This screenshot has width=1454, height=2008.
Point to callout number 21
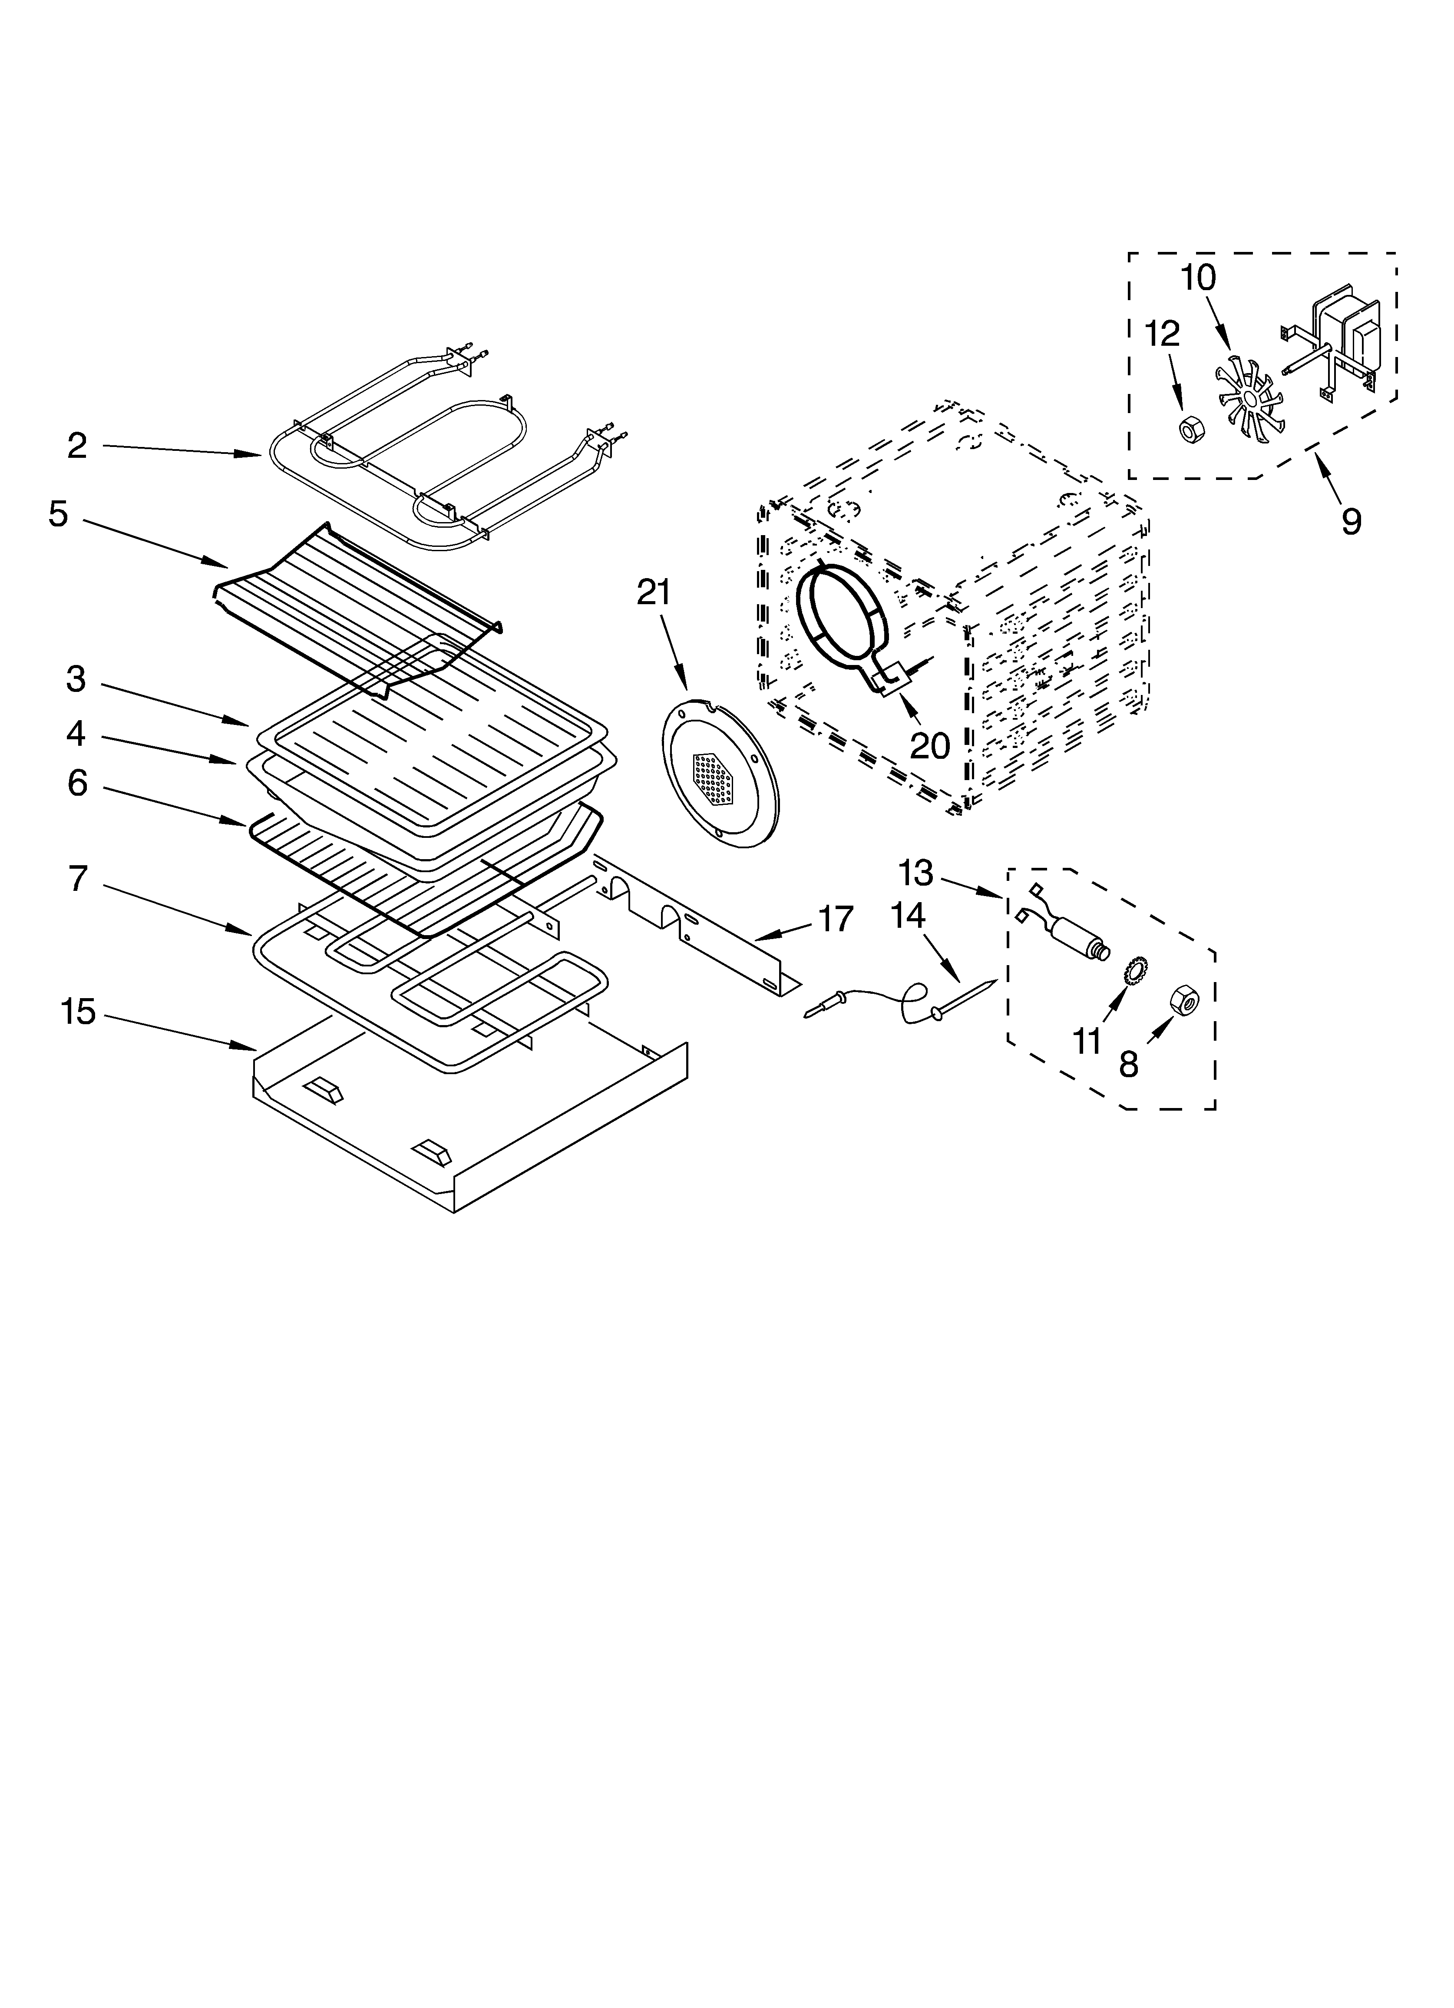click(x=654, y=592)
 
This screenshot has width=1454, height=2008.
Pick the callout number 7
click(x=78, y=879)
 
